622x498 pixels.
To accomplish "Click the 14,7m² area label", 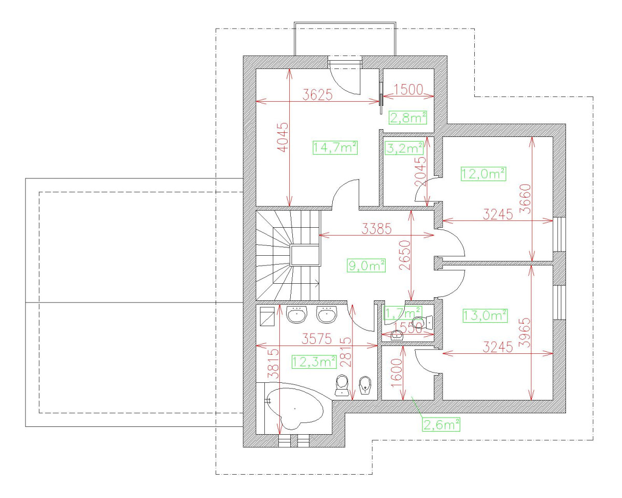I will [x=335, y=148].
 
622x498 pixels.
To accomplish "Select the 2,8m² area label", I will [x=408, y=118].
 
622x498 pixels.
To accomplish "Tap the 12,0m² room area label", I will [x=483, y=174].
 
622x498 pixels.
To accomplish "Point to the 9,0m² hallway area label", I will [x=366, y=266].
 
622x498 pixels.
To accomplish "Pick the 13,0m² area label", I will [x=484, y=315].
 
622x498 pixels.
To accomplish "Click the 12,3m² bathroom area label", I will [x=314, y=361].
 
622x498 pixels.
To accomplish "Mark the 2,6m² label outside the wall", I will [x=442, y=425].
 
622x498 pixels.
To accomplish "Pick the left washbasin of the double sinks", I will [x=297, y=314].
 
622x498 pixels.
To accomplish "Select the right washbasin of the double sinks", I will [x=327, y=314].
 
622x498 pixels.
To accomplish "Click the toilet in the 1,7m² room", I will [x=427, y=322].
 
